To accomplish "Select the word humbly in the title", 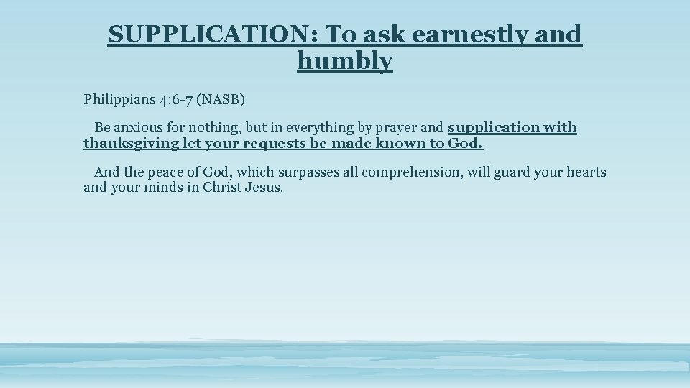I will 345,61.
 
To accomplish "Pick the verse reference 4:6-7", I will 171,98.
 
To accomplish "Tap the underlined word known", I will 404,143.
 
